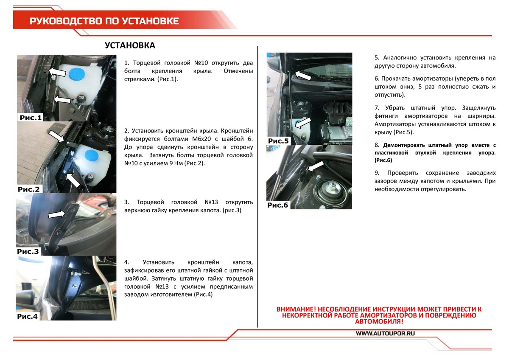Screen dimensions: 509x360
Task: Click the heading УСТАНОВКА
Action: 130,45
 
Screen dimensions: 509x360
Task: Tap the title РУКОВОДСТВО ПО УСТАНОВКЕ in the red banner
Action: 104,21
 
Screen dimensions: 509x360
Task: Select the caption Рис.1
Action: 31,118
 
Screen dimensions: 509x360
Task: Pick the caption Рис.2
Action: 29,189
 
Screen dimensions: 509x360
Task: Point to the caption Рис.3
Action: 28,251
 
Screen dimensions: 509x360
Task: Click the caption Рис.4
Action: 27,316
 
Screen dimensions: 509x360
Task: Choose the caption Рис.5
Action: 278,141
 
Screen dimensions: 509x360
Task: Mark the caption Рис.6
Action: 278,205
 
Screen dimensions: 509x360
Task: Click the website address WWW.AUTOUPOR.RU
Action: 386,333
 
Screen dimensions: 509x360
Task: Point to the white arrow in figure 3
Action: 56,214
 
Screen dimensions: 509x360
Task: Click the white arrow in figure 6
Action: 316,166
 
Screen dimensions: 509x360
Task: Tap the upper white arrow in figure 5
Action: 303,75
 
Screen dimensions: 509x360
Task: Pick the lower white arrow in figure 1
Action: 62,99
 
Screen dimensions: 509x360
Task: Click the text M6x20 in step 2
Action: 202,139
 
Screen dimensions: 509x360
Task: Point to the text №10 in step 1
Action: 201,63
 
